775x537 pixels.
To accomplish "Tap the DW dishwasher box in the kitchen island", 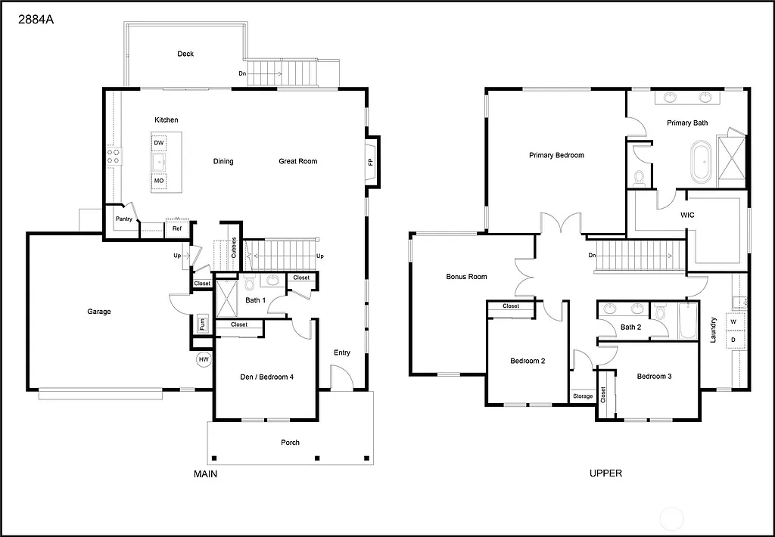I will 159,143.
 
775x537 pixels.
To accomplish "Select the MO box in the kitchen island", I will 159,181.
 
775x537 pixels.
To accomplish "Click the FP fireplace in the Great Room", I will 371,162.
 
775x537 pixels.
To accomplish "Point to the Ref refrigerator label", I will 176,228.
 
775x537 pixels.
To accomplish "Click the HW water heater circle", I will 203,360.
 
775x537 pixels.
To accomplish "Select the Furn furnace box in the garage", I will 202,324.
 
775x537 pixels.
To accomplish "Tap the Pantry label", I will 124,219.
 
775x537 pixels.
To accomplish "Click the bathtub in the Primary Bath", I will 701,162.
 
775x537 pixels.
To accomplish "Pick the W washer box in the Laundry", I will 733,321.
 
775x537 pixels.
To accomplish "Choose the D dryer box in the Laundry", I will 733,340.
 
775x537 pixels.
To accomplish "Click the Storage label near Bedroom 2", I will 583,396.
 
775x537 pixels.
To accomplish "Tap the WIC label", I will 687,215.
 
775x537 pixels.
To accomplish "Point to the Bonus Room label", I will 466,277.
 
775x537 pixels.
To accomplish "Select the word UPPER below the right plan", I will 605,473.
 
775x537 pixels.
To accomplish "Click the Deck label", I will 185,54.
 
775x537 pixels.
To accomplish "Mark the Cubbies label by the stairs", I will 235,248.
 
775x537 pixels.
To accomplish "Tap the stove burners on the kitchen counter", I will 113,157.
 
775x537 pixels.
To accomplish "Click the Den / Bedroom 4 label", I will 265,377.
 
